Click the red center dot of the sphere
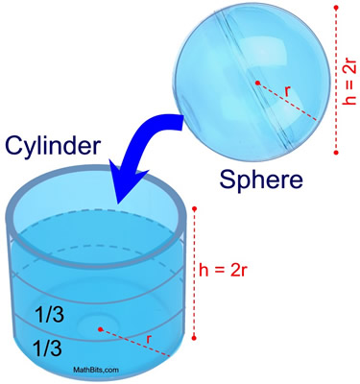[257, 84]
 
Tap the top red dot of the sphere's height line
[335, 7]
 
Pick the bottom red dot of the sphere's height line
[335, 153]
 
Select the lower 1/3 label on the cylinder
[50, 343]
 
